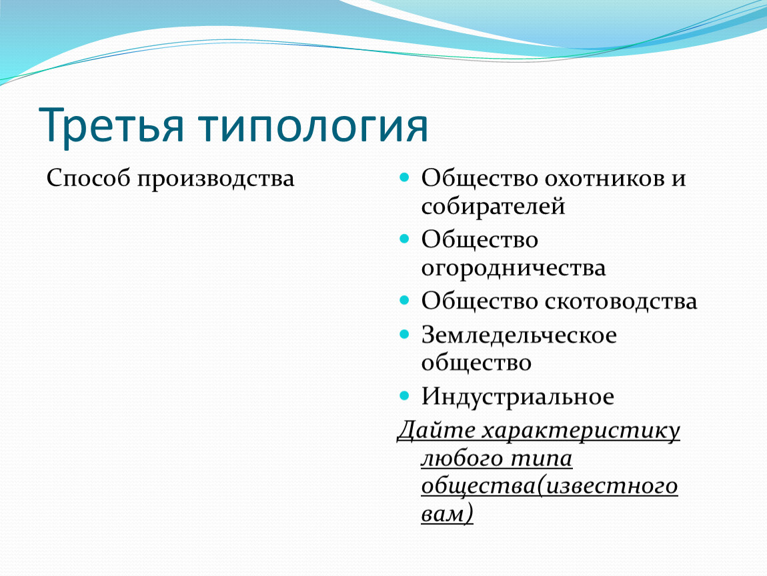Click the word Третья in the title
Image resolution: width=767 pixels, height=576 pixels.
(x=111, y=125)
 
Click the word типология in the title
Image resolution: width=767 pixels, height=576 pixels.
(x=313, y=126)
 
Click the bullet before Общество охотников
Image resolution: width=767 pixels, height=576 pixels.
(x=404, y=177)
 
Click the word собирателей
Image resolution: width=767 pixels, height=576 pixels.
(x=493, y=206)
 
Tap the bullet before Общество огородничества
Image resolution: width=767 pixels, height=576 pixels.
(x=404, y=239)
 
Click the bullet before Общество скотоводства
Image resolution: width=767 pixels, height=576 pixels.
(x=404, y=300)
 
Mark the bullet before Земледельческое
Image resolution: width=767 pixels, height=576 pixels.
(x=404, y=335)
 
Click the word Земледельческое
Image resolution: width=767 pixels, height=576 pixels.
(x=519, y=335)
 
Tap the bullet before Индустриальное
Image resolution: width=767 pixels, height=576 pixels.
(x=404, y=395)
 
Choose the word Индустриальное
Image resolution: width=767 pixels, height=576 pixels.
(x=518, y=397)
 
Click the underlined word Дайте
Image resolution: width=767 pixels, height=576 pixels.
(x=436, y=430)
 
